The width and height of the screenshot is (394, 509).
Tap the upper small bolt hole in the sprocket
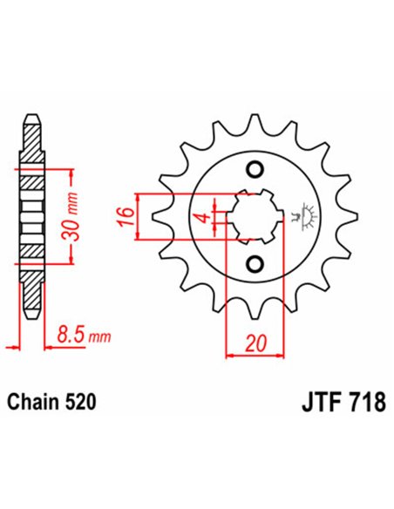255,168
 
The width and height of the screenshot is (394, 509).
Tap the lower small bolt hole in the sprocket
255,263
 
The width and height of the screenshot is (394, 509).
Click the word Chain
31,404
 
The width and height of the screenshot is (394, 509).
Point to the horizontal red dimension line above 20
256,356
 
